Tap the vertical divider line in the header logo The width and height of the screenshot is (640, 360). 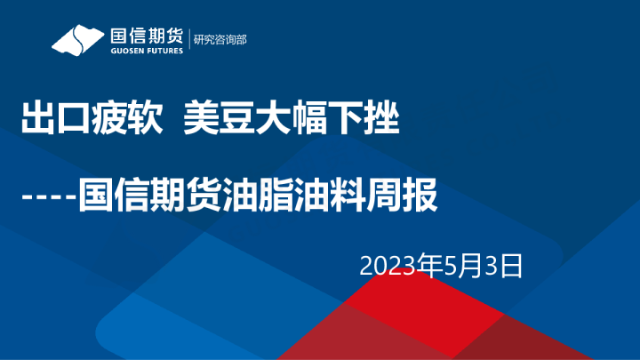point(189,41)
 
